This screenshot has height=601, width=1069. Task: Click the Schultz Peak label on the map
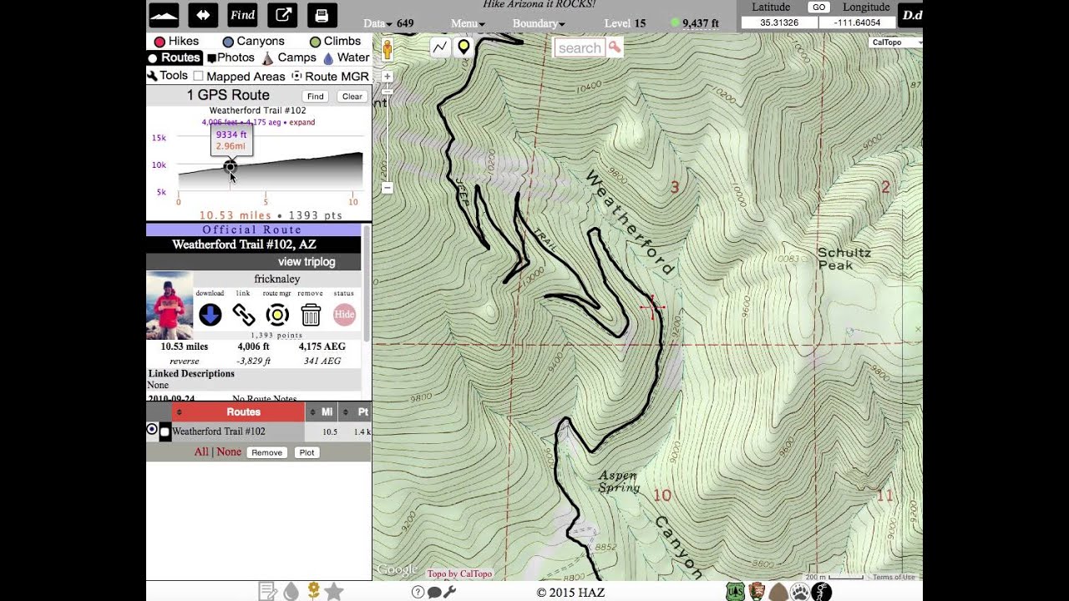844,259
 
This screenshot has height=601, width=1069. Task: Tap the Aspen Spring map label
618,482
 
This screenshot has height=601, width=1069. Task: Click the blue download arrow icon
210,315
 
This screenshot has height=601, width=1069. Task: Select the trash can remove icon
311,315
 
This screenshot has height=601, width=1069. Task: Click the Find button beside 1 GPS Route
315,96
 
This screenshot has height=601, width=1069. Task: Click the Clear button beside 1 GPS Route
352,96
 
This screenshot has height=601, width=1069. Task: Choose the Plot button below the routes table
307,452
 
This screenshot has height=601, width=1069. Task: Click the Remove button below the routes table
266,452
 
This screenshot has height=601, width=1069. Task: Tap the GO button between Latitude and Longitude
818,8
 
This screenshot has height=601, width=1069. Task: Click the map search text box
579,48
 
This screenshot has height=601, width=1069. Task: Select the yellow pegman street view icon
387,49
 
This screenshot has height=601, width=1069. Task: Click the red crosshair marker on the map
651,307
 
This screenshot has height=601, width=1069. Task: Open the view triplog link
307,262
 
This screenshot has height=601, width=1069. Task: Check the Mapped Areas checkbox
199,76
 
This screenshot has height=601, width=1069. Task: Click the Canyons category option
253,41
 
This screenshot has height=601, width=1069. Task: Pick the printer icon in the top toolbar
322,15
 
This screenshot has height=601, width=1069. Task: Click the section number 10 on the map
662,496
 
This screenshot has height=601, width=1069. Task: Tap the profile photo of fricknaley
170,305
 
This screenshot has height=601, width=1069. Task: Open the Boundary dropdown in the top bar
538,23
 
